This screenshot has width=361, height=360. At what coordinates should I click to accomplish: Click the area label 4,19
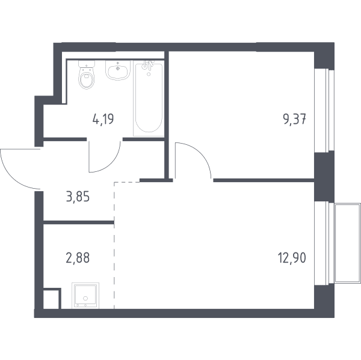[103, 119]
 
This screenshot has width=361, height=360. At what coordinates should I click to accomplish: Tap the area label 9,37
[294, 119]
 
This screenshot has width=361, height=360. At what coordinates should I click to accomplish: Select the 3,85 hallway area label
[78, 197]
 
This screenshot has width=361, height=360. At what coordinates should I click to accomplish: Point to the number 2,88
[78, 258]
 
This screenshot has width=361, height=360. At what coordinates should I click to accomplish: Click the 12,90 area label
[292, 258]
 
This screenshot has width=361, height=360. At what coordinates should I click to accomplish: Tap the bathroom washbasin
[118, 70]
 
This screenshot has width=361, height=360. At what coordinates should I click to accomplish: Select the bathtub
[149, 98]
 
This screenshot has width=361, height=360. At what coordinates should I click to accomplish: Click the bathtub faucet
[147, 65]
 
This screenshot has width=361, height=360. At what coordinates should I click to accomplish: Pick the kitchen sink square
[85, 296]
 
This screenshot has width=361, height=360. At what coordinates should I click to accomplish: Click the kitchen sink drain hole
[85, 298]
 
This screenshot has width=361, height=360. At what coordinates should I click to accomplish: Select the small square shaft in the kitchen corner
[52, 298]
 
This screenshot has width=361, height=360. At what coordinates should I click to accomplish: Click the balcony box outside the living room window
[347, 243]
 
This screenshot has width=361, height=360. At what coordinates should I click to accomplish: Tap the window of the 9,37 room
[324, 111]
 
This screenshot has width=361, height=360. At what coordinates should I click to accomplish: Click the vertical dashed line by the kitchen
[114, 245]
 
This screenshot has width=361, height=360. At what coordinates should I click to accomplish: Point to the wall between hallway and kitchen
[78, 222]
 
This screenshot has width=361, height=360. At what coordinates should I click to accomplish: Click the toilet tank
[87, 64]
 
